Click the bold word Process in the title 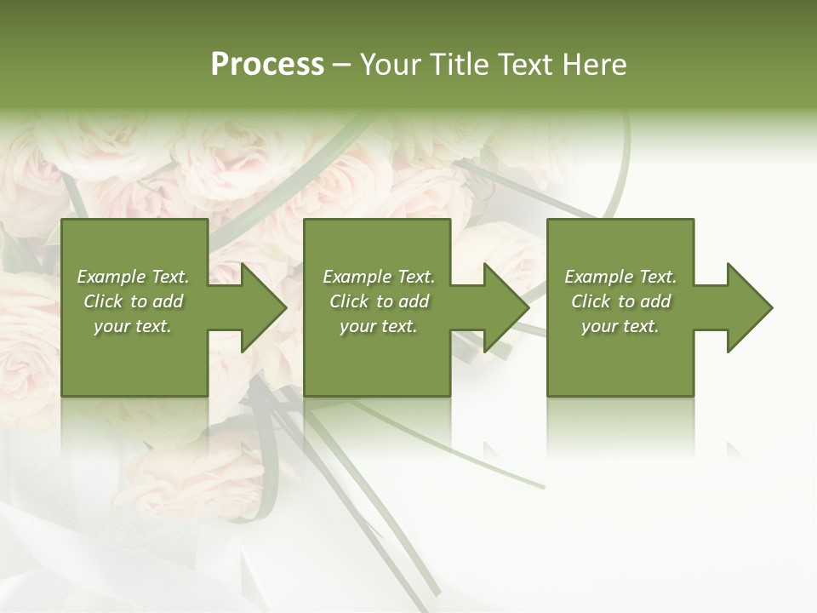click(x=267, y=65)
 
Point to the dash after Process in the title click(x=342, y=65)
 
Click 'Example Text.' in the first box click(x=133, y=277)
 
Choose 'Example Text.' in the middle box click(x=379, y=277)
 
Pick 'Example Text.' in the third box click(x=620, y=277)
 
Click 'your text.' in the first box click(x=133, y=326)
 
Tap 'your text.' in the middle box click(x=379, y=326)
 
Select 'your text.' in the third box click(x=620, y=326)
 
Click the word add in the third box click(x=654, y=301)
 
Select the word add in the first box click(x=167, y=301)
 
